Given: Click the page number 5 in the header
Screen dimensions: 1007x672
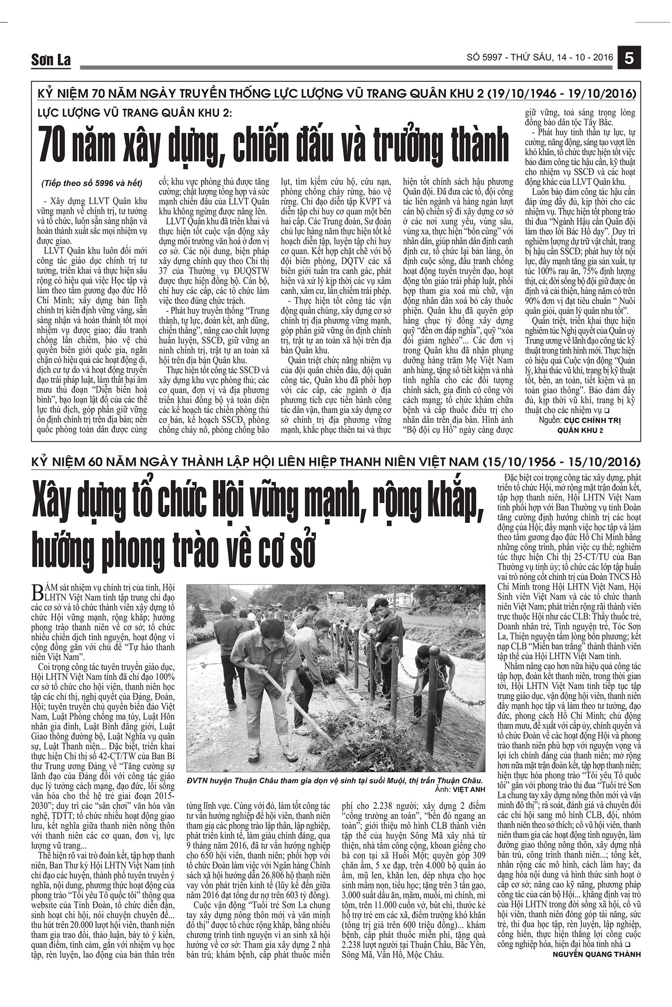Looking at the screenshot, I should click(x=629, y=59).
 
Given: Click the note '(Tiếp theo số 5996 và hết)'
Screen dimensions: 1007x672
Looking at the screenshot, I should click(x=92, y=183).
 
